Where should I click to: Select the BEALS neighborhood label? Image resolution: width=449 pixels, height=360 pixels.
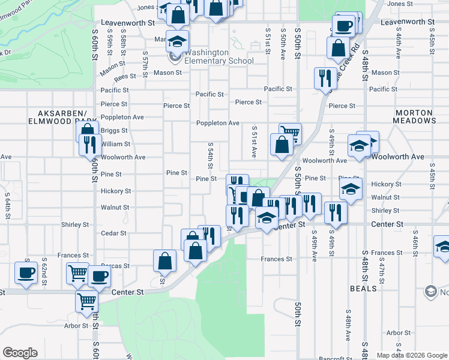[x=364, y=289]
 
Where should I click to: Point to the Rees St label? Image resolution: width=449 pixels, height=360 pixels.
[x=125, y=77]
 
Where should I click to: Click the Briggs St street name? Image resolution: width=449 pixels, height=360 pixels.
[x=114, y=130]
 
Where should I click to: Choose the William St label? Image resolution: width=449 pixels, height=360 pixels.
[x=116, y=144]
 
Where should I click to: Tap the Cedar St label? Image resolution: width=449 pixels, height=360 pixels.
[x=114, y=233]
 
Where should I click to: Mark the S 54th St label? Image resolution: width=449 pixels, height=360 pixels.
[x=211, y=155]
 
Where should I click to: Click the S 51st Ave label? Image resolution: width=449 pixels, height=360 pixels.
[x=254, y=142]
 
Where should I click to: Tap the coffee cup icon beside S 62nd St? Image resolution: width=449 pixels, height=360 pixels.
[x=26, y=272]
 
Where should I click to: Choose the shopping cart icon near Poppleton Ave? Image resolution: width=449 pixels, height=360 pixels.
[x=290, y=133]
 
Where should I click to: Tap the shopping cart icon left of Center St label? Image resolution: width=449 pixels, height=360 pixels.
[x=86, y=301]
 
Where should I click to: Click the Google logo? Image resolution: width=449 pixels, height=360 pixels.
[x=20, y=353]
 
